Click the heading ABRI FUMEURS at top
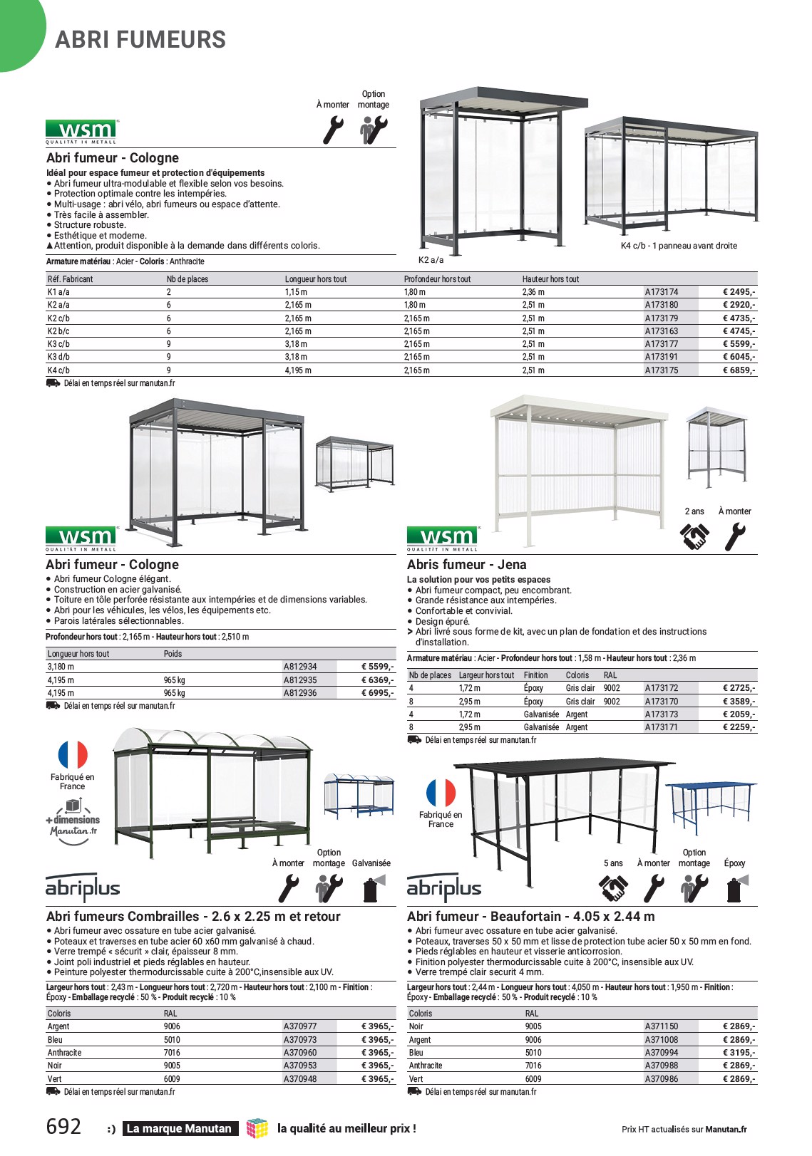pyautogui.click(x=140, y=40)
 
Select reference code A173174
pyautogui.click(x=662, y=292)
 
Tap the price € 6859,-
pyautogui.click(x=739, y=370)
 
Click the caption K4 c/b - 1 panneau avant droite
pyautogui.click(x=679, y=246)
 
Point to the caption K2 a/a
pyautogui.click(x=431, y=260)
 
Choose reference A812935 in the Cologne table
pyautogui.click(x=300, y=680)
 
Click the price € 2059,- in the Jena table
pyautogui.click(x=739, y=714)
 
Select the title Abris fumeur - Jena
pyautogui.click(x=466, y=565)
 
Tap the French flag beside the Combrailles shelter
pyautogui.click(x=73, y=755)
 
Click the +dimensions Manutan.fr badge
pyautogui.click(x=73, y=821)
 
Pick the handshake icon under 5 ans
pyautogui.click(x=613, y=889)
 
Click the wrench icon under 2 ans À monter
pyautogui.click(x=734, y=537)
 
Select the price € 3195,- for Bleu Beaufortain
pyautogui.click(x=739, y=1053)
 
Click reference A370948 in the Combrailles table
pyautogui.click(x=300, y=1079)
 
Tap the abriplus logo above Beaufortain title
pyautogui.click(x=444, y=888)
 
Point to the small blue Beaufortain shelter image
pyautogui.click(x=710, y=805)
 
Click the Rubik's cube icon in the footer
pyautogui.click(x=257, y=1128)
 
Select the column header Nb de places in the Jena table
pyautogui.click(x=430, y=675)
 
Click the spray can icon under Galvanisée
pyautogui.click(x=371, y=889)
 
